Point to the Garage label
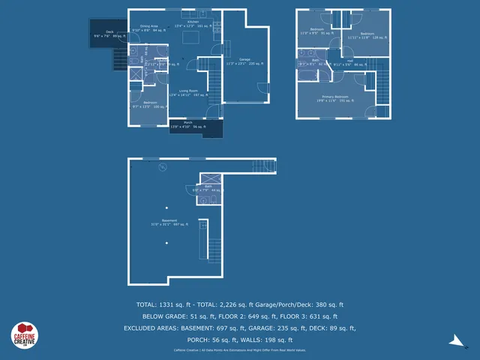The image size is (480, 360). (244, 60)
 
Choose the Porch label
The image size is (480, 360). (187, 124)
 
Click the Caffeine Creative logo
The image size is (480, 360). (24, 335)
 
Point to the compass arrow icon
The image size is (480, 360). (457, 340)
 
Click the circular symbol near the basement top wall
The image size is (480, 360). (161, 168)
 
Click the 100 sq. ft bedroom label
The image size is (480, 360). (150, 103)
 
